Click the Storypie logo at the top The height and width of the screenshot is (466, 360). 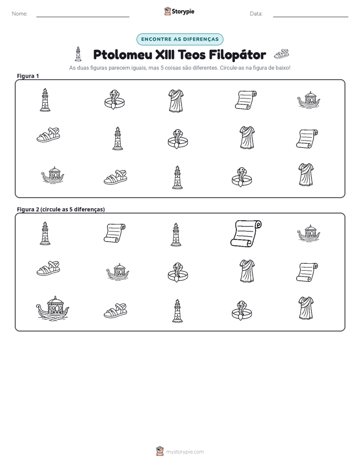point(179,11)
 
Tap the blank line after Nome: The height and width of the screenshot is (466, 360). point(83,17)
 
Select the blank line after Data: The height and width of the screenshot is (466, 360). point(311,17)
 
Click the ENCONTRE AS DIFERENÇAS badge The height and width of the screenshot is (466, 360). point(179,39)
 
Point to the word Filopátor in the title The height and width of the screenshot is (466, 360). point(237,54)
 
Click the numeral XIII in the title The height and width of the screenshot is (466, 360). point(166,54)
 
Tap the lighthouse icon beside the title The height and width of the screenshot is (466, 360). point(78,54)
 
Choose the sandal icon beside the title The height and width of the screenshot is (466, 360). point(281,54)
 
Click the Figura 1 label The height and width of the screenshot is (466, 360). point(28,76)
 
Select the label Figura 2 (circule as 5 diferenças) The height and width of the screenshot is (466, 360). point(61,209)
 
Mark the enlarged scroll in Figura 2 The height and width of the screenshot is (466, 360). point(246,234)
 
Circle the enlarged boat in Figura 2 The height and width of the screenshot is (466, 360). point(52,308)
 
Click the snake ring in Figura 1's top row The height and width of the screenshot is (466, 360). point(114,100)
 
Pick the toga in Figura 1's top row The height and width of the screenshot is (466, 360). point(176,101)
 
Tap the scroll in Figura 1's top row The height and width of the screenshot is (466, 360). point(246,100)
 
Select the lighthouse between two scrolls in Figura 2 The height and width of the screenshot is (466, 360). point(176,235)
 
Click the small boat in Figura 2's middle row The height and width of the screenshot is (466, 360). point(117,272)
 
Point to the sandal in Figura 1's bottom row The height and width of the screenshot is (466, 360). point(115,177)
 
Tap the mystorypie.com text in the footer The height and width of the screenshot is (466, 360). point(185,452)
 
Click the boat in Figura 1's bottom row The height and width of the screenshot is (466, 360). point(52,175)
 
